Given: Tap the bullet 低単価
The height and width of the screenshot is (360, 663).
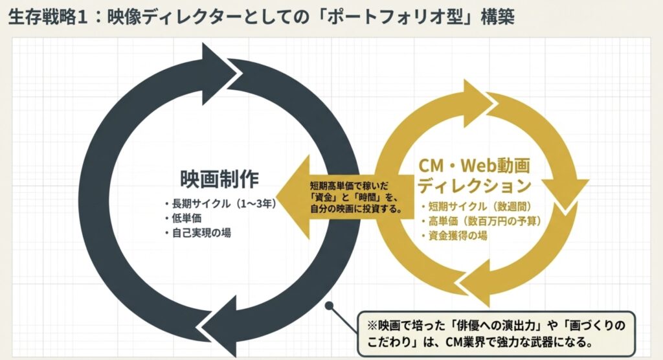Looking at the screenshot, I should pyautogui.click(x=184, y=218).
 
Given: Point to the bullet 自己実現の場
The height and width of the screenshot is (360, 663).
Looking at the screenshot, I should pyautogui.click(x=197, y=232).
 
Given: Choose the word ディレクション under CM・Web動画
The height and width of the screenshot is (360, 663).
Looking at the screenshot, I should pyautogui.click(x=474, y=186).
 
